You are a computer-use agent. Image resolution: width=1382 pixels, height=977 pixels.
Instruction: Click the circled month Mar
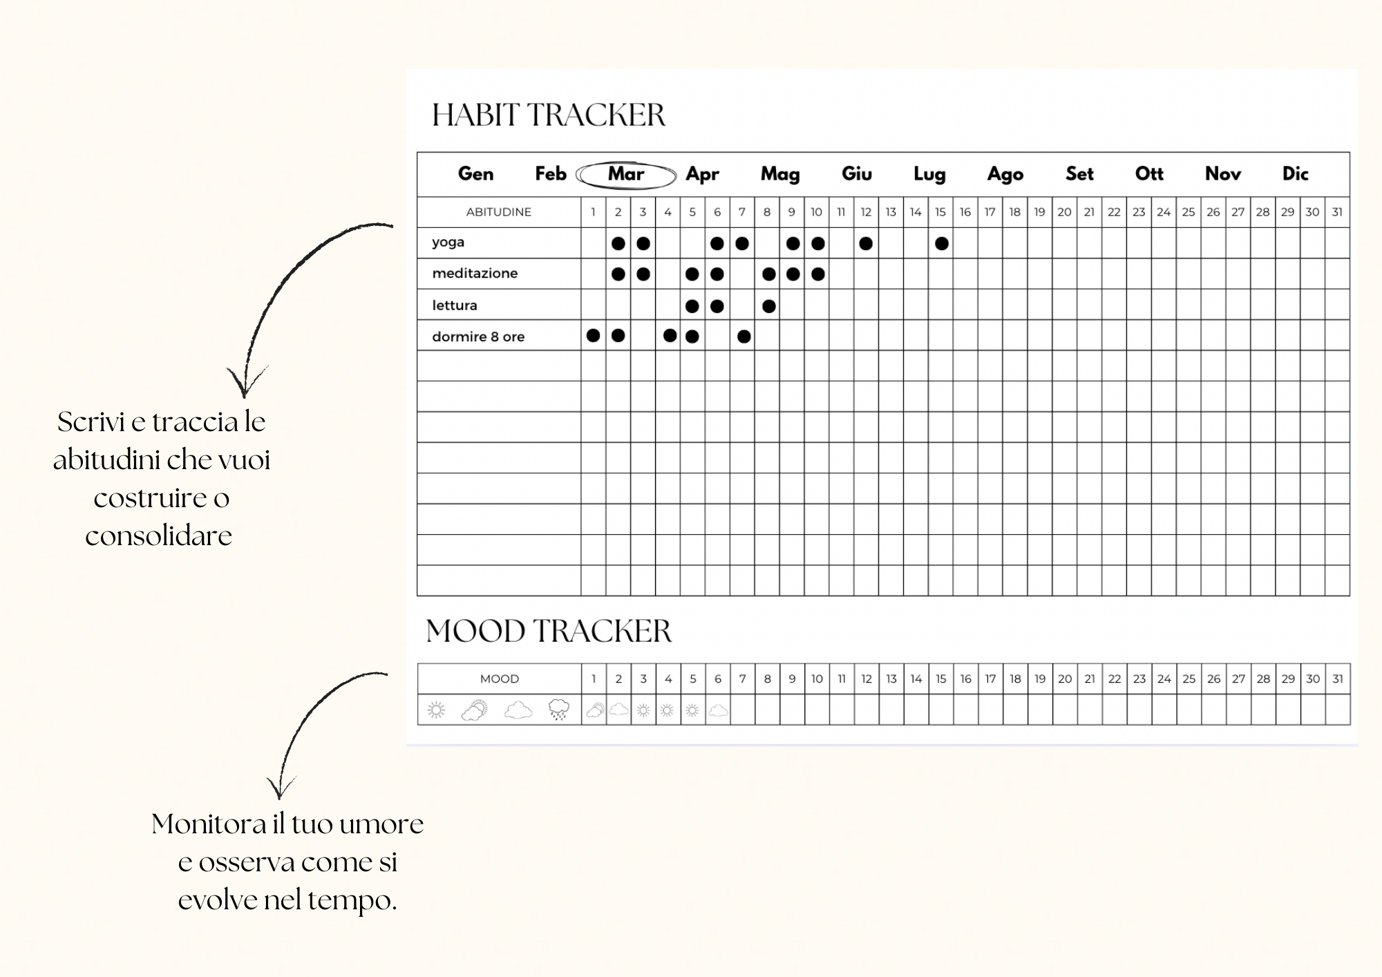click(626, 174)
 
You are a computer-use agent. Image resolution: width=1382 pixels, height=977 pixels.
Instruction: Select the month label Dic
click(1295, 174)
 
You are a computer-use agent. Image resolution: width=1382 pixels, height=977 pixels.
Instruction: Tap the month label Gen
click(475, 174)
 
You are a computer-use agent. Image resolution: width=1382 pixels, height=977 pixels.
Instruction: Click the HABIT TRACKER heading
click(549, 115)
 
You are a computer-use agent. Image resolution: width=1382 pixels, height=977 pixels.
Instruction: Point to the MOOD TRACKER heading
click(549, 631)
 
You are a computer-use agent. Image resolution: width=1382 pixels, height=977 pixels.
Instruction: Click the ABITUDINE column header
click(498, 212)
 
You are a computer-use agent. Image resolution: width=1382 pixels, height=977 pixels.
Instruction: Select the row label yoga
click(448, 243)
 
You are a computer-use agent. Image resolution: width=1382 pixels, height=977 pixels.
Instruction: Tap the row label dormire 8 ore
click(478, 337)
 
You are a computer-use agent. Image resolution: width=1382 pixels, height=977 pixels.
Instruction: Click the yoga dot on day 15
click(941, 243)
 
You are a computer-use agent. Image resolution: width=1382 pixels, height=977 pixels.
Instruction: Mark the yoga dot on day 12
click(866, 243)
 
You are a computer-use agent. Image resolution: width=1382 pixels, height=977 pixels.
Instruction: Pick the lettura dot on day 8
click(768, 306)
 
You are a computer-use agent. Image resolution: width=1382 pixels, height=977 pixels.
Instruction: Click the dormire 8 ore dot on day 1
click(593, 336)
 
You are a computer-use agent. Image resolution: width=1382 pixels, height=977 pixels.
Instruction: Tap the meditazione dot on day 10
click(818, 274)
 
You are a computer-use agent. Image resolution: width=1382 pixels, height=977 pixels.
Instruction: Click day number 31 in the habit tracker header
click(1337, 212)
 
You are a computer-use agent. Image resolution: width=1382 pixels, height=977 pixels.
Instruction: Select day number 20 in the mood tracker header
click(1065, 679)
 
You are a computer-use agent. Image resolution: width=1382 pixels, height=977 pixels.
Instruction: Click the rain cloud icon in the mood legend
click(558, 710)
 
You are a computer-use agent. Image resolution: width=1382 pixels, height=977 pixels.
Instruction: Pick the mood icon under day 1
click(594, 710)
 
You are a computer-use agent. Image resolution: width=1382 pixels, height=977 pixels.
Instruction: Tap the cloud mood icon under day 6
click(718, 710)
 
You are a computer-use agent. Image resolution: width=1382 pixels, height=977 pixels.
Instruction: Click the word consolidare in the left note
click(159, 536)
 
